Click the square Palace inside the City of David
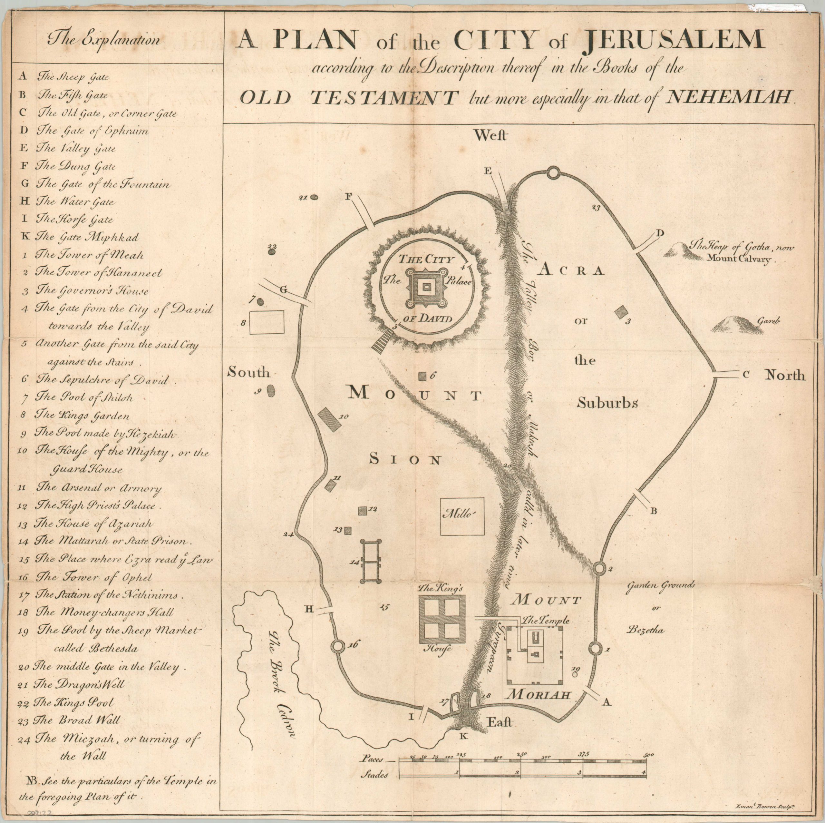click(424, 288)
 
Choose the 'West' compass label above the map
click(490, 135)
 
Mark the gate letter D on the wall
click(660, 233)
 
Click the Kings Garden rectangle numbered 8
click(267, 322)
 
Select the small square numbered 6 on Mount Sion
click(422, 376)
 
